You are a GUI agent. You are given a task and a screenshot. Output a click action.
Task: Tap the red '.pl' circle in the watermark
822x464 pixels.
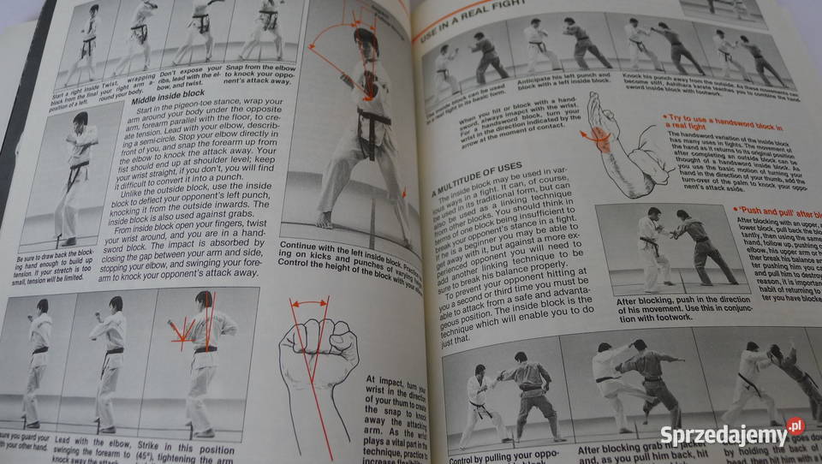pyautogui.click(x=795, y=425)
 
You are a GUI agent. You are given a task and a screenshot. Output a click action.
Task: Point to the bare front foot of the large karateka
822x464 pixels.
pyautogui.click(x=325, y=220)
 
